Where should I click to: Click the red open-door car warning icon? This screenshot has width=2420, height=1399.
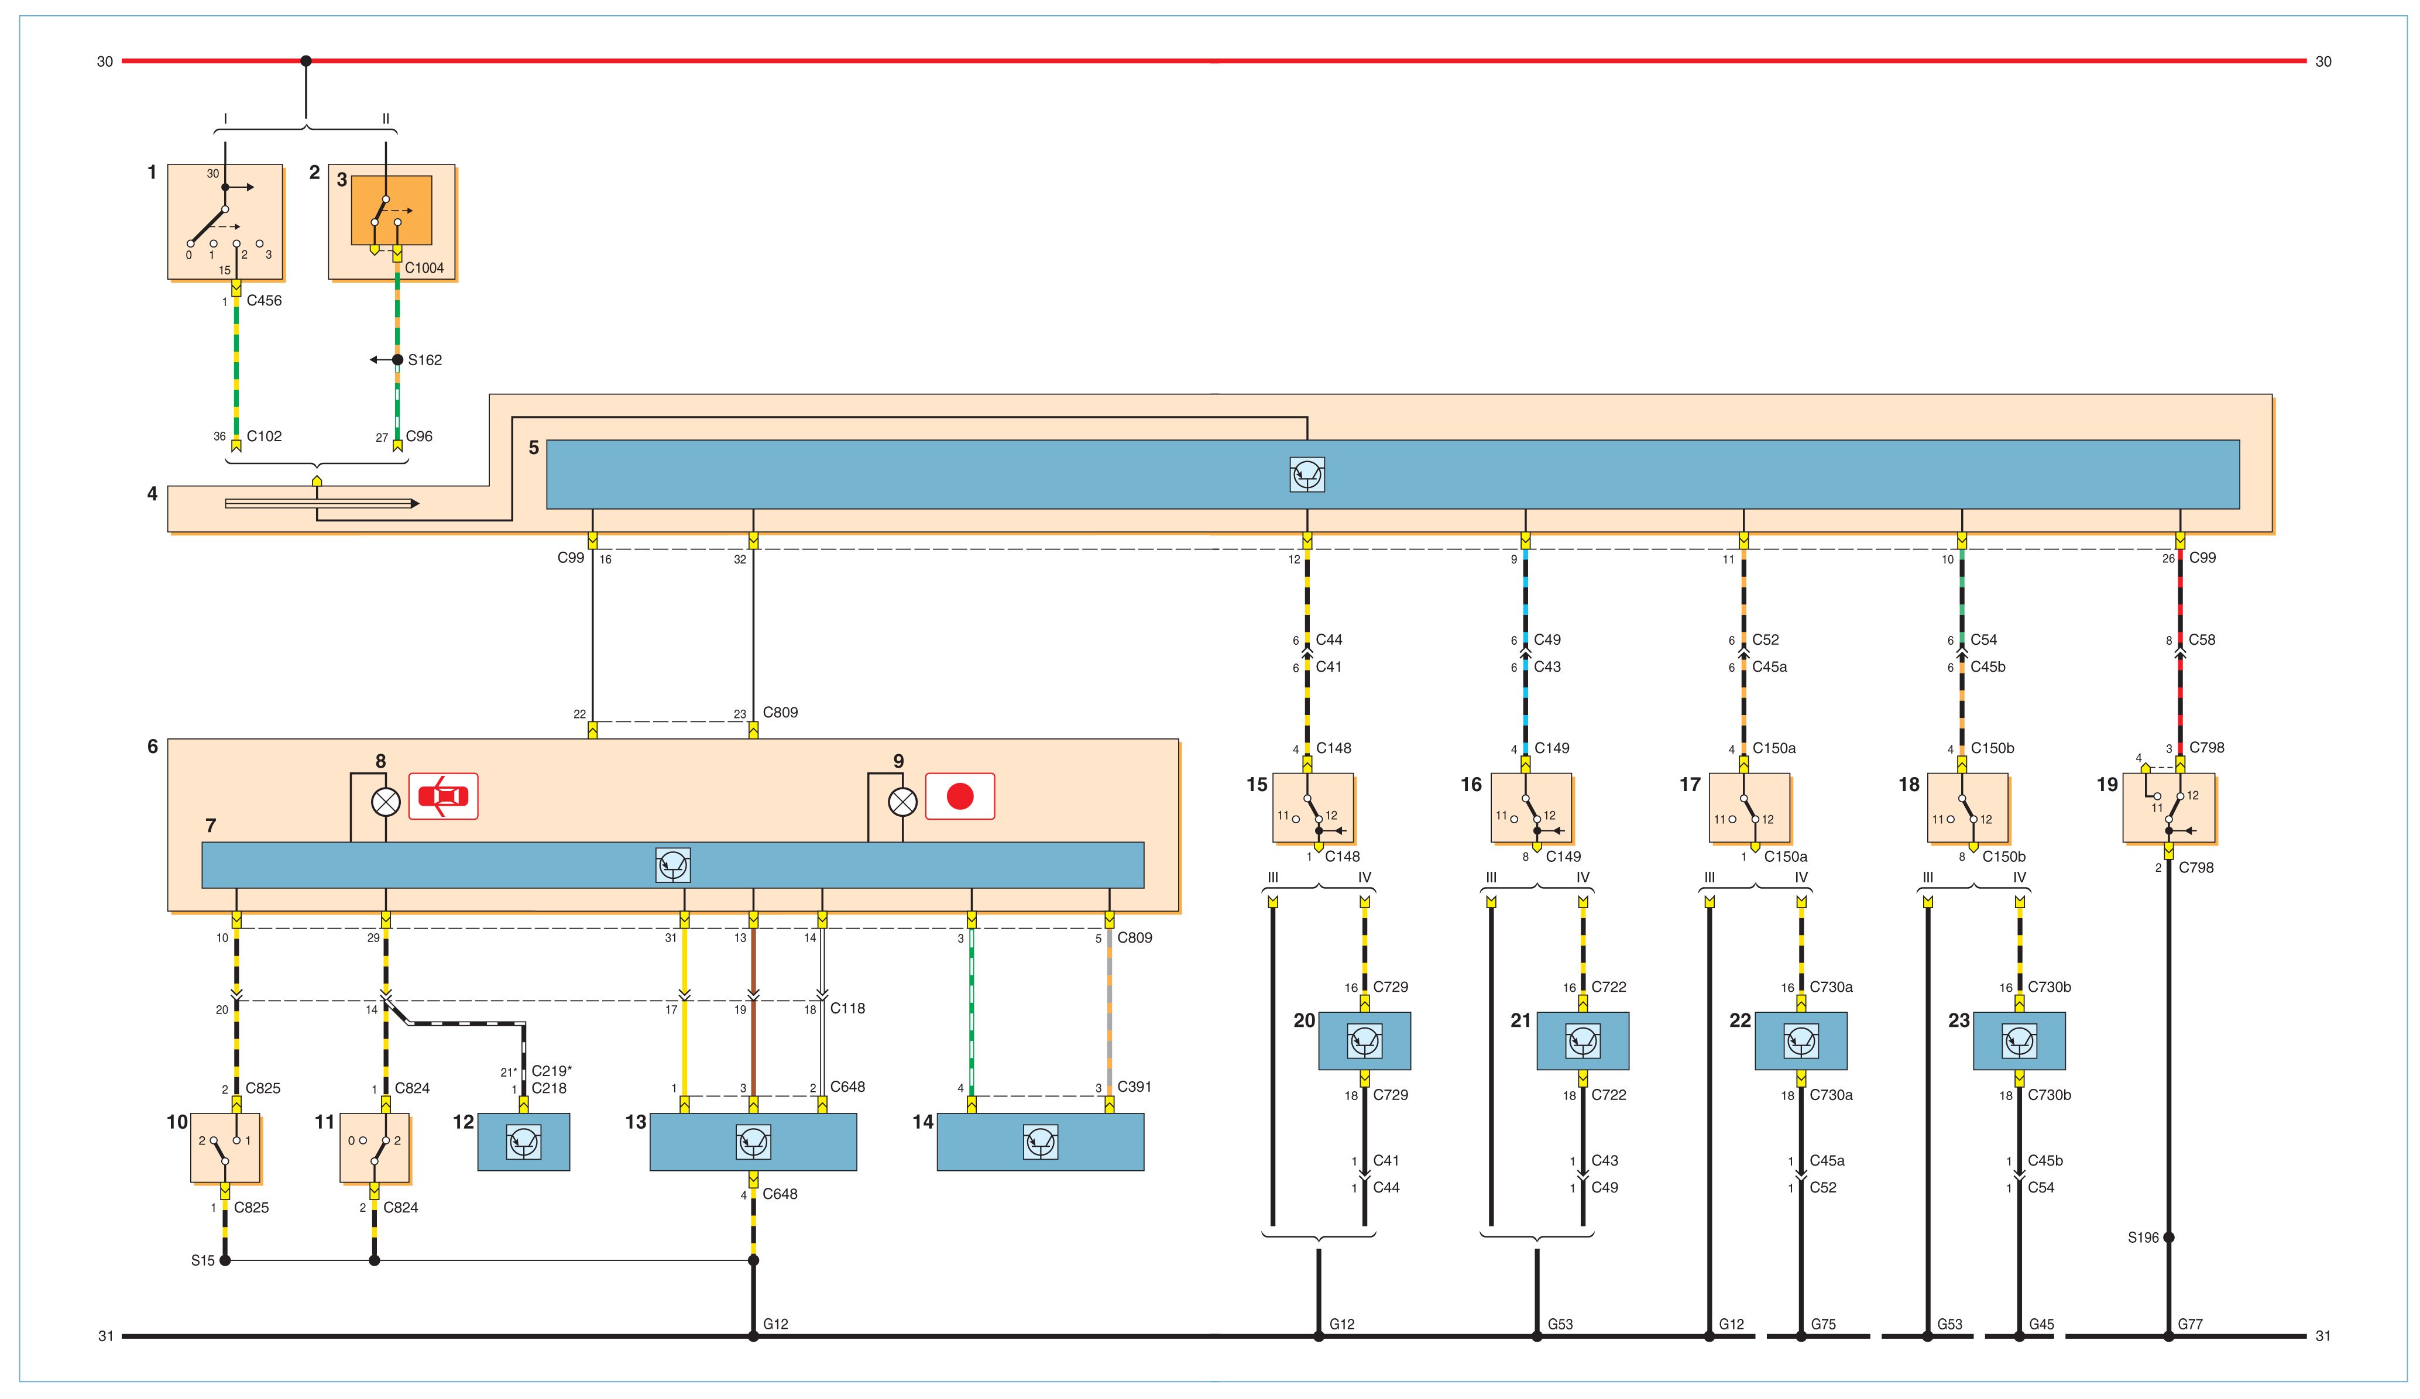click(442, 796)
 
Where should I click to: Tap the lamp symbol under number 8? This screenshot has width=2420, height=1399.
click(385, 802)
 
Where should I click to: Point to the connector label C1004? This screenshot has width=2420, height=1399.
click(424, 268)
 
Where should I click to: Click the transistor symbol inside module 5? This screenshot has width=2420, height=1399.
click(1307, 475)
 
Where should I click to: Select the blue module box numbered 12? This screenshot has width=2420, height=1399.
click(523, 1142)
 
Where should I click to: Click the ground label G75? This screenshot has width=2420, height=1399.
click(1822, 1324)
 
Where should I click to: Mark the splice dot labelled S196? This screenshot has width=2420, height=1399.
click(2168, 1238)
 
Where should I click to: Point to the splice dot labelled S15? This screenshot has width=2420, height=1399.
click(225, 1261)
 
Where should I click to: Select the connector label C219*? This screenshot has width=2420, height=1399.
click(552, 1071)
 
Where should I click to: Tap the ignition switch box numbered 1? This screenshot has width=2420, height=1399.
click(225, 222)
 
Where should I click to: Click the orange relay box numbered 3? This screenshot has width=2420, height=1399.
click(391, 210)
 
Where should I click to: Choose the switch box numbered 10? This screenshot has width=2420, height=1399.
click(225, 1147)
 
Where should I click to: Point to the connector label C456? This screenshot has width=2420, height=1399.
click(264, 301)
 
